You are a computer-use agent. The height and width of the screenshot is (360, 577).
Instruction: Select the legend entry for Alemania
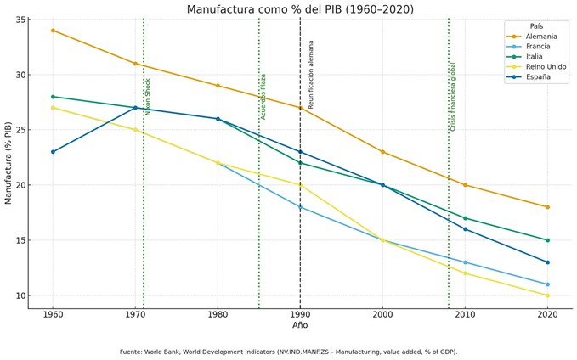542,37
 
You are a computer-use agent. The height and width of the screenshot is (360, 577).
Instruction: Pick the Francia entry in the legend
540,47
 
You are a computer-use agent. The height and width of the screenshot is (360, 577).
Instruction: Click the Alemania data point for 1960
53,31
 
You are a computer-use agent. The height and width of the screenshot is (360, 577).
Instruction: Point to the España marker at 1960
53,152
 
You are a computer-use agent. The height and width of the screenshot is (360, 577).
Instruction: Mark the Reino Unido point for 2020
547,295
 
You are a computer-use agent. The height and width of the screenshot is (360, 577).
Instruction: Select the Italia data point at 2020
547,240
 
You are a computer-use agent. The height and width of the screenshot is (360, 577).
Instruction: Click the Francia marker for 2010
465,262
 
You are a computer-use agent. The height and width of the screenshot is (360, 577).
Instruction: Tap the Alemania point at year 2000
382,152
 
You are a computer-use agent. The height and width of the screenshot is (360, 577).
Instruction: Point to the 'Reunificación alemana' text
311,74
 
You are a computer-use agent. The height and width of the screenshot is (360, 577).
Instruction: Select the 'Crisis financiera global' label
453,96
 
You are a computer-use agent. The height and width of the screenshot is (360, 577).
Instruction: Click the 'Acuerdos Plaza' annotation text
263,96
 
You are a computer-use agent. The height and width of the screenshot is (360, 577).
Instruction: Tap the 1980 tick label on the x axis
218,314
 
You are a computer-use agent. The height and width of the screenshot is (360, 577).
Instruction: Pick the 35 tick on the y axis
21,20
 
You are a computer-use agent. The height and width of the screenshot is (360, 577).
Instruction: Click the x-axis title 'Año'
300,325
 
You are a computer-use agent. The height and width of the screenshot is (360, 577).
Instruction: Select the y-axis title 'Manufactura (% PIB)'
9,162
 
